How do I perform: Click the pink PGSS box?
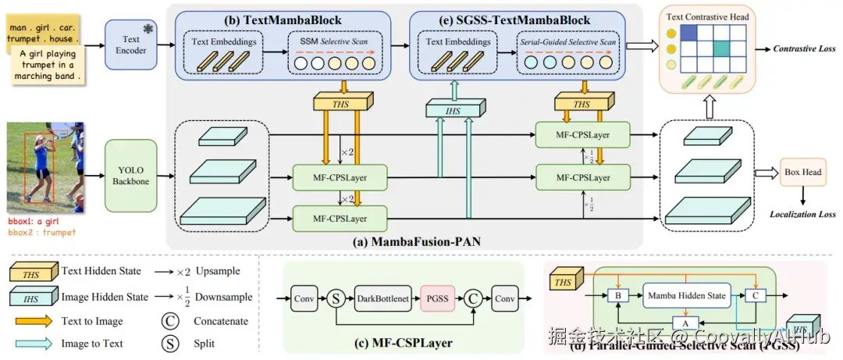pyautogui.click(x=439, y=299)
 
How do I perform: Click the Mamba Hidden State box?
pyautogui.click(x=685, y=295)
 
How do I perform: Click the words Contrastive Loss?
pyautogui.click(x=805, y=49)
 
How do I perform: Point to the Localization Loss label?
pyautogui.click(x=802, y=213)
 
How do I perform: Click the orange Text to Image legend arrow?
pyautogui.click(x=35, y=321)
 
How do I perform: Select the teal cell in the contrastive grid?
pyautogui.click(x=722, y=48)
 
